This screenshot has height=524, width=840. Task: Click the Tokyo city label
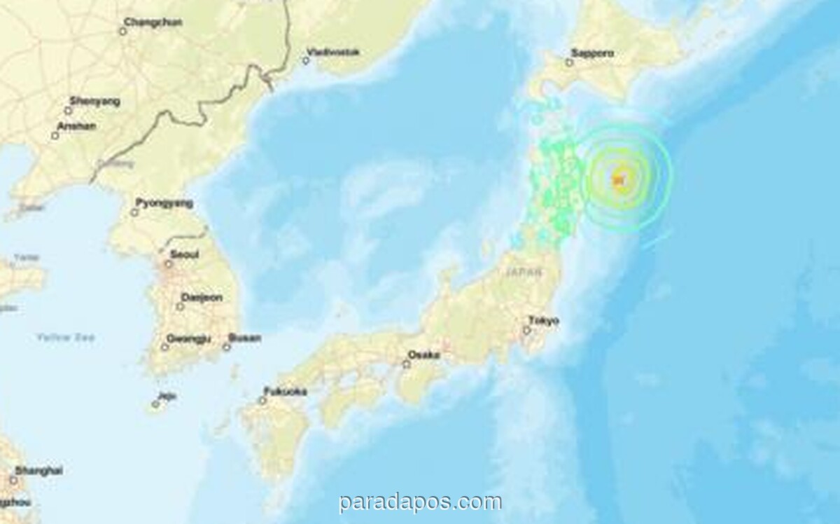pyautogui.click(x=544, y=321)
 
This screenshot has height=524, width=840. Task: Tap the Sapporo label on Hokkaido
pyautogui.click(x=592, y=53)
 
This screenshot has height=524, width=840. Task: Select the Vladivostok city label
pyautogui.click(x=333, y=51)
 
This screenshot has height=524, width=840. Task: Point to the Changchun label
pyautogui.click(x=153, y=22)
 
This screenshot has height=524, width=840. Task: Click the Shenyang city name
pyautogui.click(x=96, y=101)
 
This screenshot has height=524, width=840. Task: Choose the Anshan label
pyautogui.click(x=78, y=126)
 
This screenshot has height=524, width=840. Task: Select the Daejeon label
pyautogui.click(x=202, y=298)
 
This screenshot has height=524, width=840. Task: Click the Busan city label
pyautogui.click(x=246, y=338)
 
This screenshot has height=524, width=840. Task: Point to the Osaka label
pyautogui.click(x=425, y=354)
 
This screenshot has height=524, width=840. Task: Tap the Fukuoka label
pyautogui.click(x=286, y=392)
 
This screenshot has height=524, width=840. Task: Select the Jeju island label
pyautogui.click(x=167, y=396)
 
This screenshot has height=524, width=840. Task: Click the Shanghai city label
pyautogui.click(x=38, y=470)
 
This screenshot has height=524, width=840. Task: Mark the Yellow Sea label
pyautogui.click(x=66, y=338)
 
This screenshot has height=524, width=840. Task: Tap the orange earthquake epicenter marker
pyautogui.click(x=619, y=181)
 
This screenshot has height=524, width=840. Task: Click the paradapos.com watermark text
pyautogui.click(x=420, y=502)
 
